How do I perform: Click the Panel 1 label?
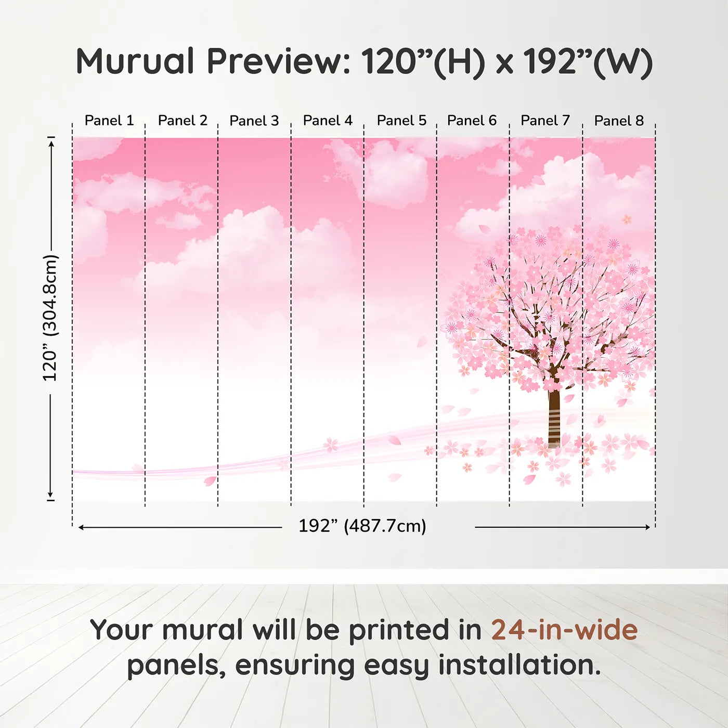[109, 121]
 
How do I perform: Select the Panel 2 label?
[183, 121]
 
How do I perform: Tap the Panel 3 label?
[254, 121]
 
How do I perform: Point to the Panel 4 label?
[328, 121]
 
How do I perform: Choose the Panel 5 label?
[401, 121]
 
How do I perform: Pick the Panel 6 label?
[472, 121]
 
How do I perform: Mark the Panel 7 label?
[545, 121]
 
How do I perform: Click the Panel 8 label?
[619, 121]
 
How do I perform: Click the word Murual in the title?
[135, 61]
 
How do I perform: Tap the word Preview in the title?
[278, 61]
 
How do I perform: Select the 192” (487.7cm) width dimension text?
[362, 526]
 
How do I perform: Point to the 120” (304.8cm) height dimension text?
[50, 318]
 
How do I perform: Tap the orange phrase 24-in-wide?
[564, 630]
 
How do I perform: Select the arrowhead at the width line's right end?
[647, 527]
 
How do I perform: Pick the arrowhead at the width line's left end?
[81, 527]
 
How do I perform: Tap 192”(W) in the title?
[588, 61]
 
